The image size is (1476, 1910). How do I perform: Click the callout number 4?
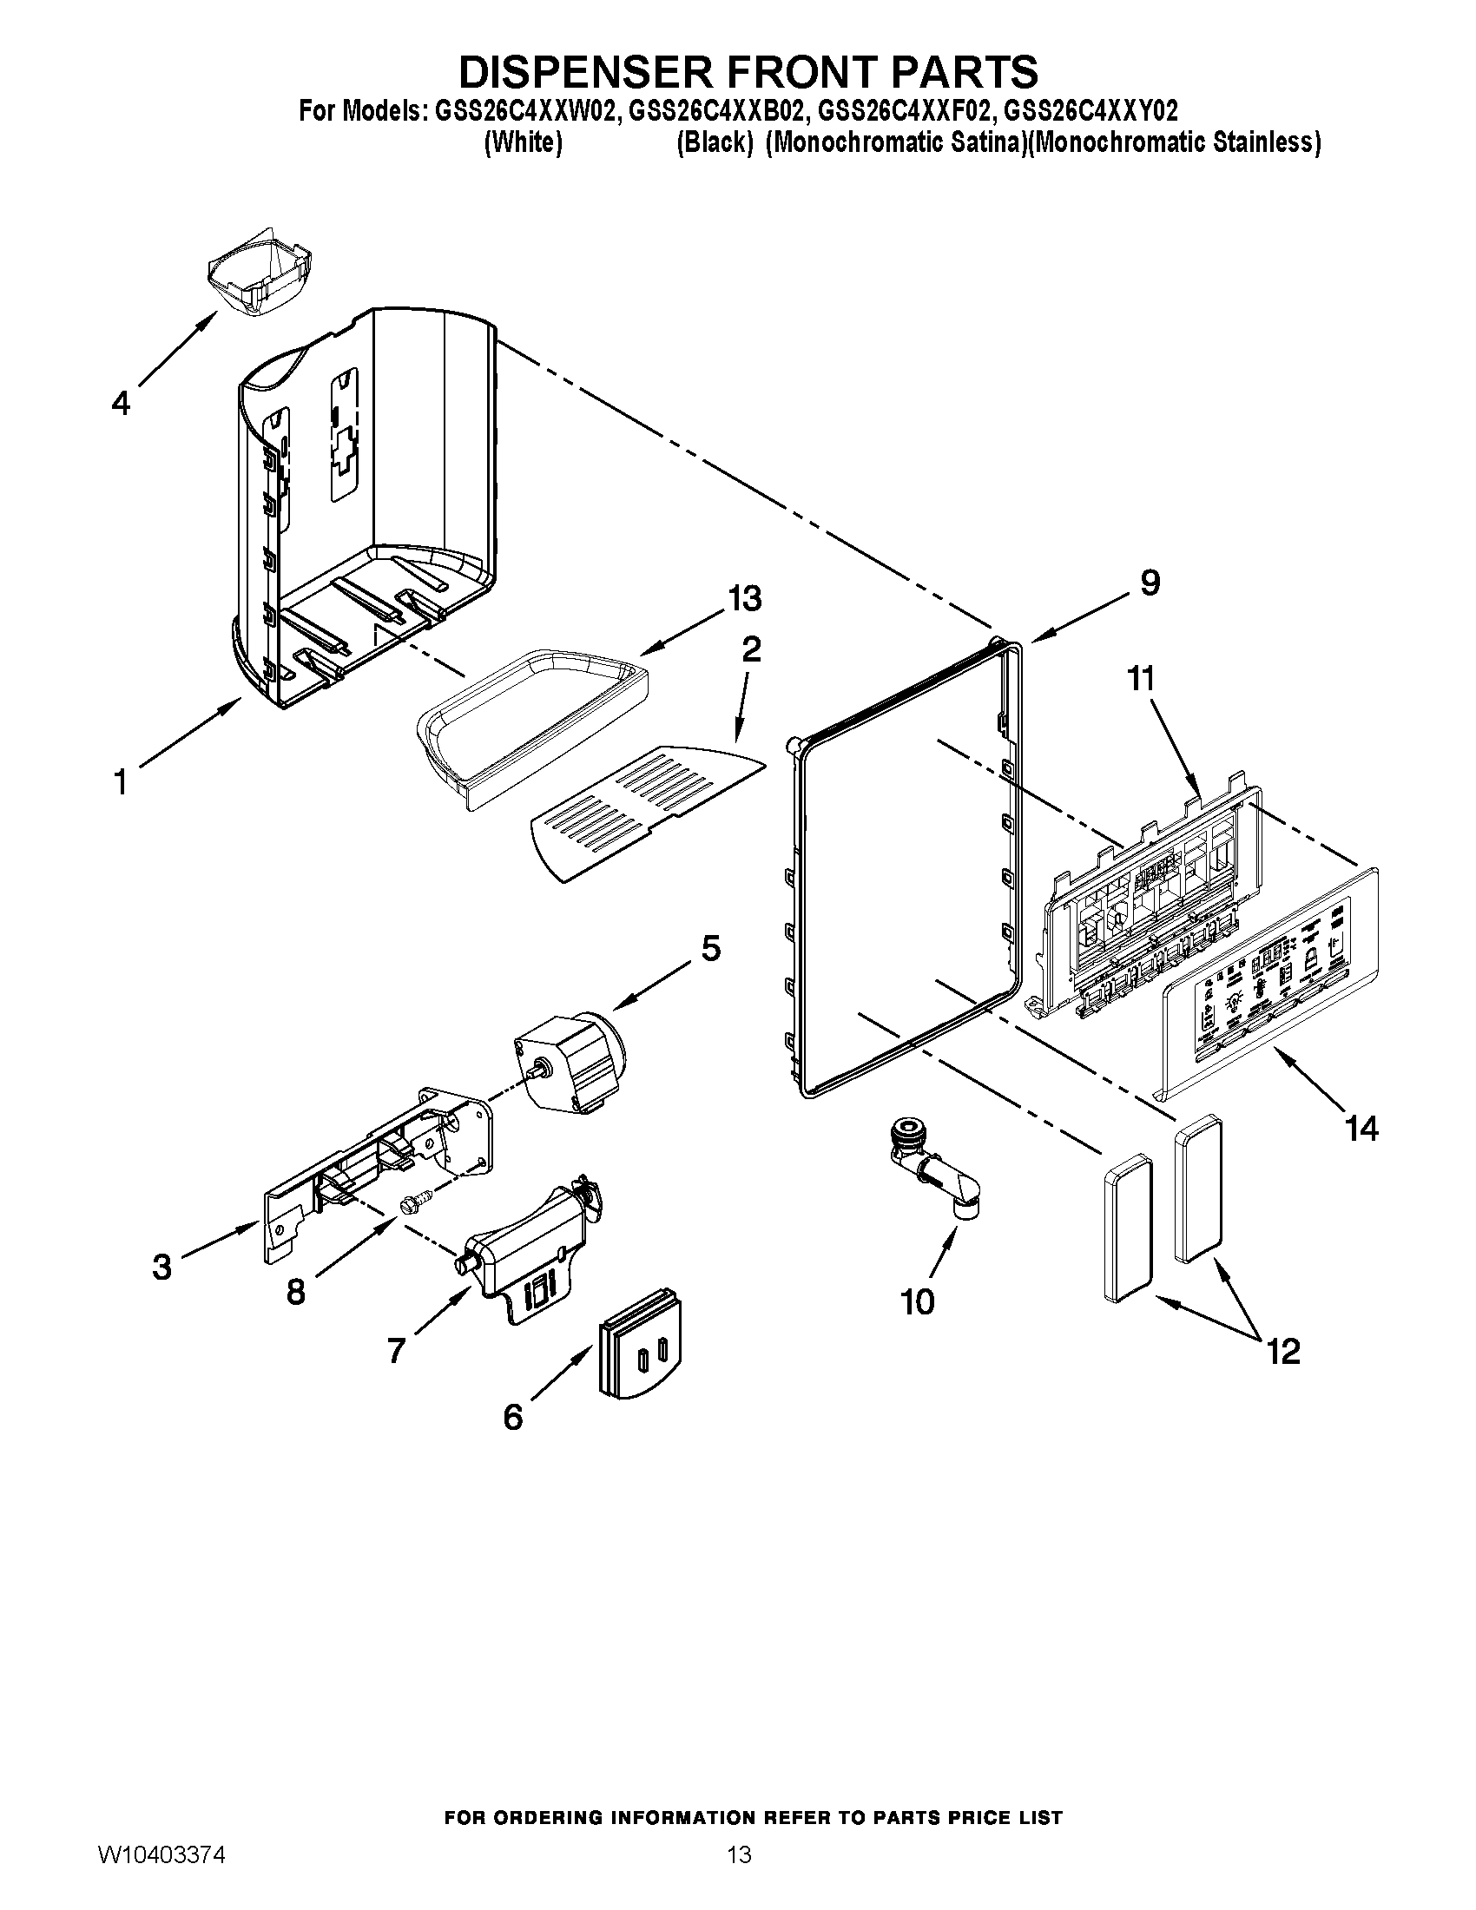(121, 403)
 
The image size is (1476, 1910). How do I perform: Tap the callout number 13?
(744, 599)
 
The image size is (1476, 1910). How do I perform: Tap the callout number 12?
(1282, 1352)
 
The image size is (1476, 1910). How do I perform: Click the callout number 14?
(1361, 1129)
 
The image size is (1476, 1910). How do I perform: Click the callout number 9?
(1150, 583)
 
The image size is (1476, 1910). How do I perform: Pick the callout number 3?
(161, 1268)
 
